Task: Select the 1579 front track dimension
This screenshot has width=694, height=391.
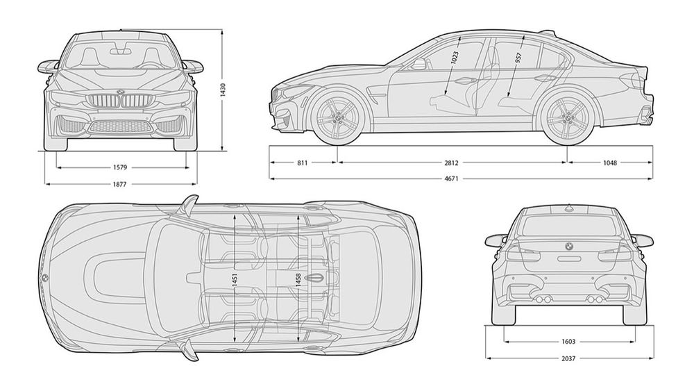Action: pyautogui.click(x=120, y=167)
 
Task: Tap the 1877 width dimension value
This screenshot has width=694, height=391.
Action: pyautogui.click(x=119, y=184)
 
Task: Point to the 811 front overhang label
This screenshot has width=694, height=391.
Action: pyautogui.click(x=303, y=163)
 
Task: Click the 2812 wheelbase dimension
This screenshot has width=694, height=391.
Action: pyautogui.click(x=452, y=163)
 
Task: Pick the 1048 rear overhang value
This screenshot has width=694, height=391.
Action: pyautogui.click(x=610, y=163)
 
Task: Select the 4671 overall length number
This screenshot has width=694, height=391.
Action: pyautogui.click(x=452, y=179)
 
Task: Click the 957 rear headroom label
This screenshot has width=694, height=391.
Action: pyautogui.click(x=518, y=58)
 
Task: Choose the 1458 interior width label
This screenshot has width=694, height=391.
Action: pyautogui.click(x=298, y=280)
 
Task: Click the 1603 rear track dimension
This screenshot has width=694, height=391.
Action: pyautogui.click(x=568, y=342)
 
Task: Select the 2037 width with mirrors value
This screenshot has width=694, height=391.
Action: pyautogui.click(x=568, y=358)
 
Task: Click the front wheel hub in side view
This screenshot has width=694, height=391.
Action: pyautogui.click(x=338, y=117)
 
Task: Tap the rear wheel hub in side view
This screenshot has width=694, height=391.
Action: pyautogui.click(x=567, y=117)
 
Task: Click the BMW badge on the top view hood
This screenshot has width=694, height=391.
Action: pyautogui.click(x=44, y=278)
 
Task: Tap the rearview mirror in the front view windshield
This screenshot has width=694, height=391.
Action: pyautogui.click(x=120, y=51)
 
